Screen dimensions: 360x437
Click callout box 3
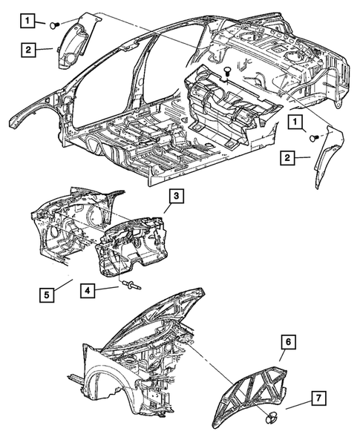coord(176,196)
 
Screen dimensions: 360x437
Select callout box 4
coord(88,291)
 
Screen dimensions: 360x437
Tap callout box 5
coord(47,295)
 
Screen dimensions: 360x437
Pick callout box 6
coord(288,341)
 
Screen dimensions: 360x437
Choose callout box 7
coord(318,398)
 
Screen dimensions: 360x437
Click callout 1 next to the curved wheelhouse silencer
coord(27,21)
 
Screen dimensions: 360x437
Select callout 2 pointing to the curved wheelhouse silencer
coord(28,50)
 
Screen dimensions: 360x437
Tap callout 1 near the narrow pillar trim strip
coord(295,122)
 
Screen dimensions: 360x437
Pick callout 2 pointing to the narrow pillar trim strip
coord(288,158)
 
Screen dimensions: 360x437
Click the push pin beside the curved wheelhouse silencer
coord(55,25)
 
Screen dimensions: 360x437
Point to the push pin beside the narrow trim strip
coord(315,138)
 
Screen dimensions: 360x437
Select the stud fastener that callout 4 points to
coord(131,286)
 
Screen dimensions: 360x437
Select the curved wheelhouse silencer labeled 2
coord(76,42)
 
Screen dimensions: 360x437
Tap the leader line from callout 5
coord(64,285)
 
